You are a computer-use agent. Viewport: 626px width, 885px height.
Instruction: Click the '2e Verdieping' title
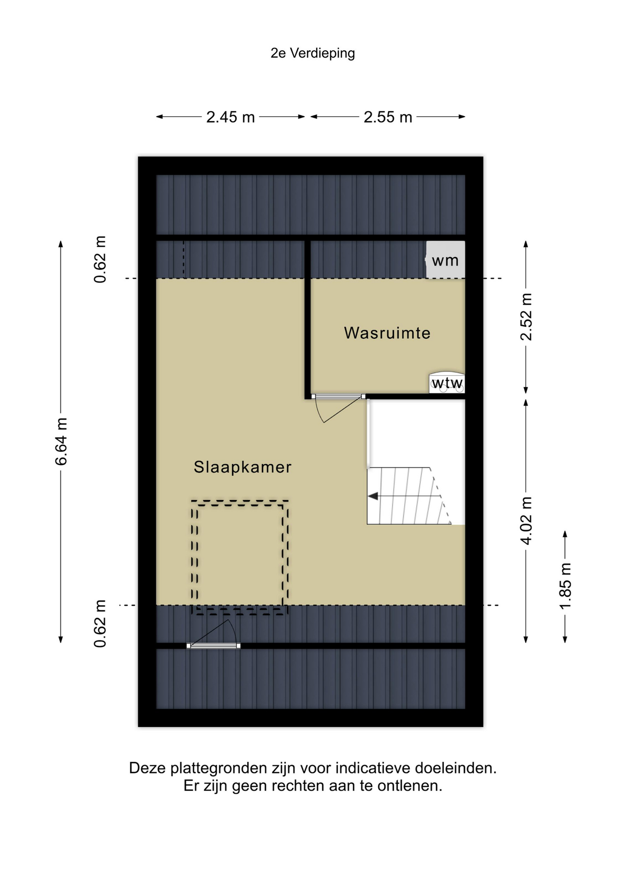(313, 53)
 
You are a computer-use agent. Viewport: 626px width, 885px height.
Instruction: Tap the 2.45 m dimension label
(230, 117)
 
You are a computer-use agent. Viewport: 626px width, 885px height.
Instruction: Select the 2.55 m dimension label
(388, 117)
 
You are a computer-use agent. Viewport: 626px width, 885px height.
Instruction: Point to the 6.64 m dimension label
(61, 441)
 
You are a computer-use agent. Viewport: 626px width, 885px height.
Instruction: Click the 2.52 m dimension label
(526, 317)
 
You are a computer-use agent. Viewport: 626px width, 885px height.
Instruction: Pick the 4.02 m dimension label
(526, 520)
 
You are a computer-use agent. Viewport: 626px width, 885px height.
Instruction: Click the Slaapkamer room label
(242, 467)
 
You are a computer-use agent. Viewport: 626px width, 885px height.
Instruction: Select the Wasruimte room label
(387, 333)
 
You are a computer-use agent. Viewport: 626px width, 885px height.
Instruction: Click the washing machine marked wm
(445, 260)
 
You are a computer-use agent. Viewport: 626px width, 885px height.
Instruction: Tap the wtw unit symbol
(447, 383)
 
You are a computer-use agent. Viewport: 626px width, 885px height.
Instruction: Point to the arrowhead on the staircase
(373, 496)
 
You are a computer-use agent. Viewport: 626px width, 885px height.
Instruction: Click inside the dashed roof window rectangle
(240, 558)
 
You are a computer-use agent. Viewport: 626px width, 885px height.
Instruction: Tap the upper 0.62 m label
(100, 259)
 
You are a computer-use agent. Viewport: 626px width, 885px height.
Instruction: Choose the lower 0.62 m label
(100, 624)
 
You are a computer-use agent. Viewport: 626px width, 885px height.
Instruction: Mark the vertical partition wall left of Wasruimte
(307, 319)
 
